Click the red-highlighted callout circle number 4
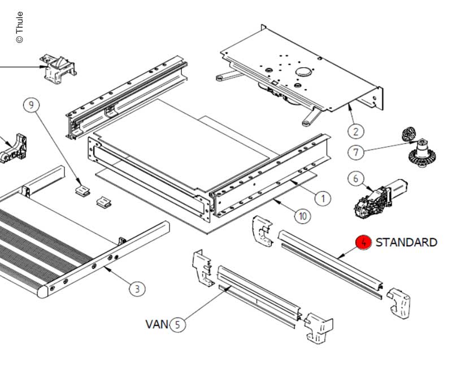click(x=363, y=243)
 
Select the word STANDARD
click(x=406, y=242)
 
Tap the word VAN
click(x=157, y=324)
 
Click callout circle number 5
click(x=177, y=324)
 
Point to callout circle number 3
click(x=137, y=289)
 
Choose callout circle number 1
click(x=322, y=198)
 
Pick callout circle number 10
click(x=303, y=216)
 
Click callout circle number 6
click(x=355, y=179)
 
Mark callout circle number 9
click(x=32, y=104)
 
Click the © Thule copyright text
click(x=20, y=27)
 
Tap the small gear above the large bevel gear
click(x=408, y=134)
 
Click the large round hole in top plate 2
click(x=304, y=72)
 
